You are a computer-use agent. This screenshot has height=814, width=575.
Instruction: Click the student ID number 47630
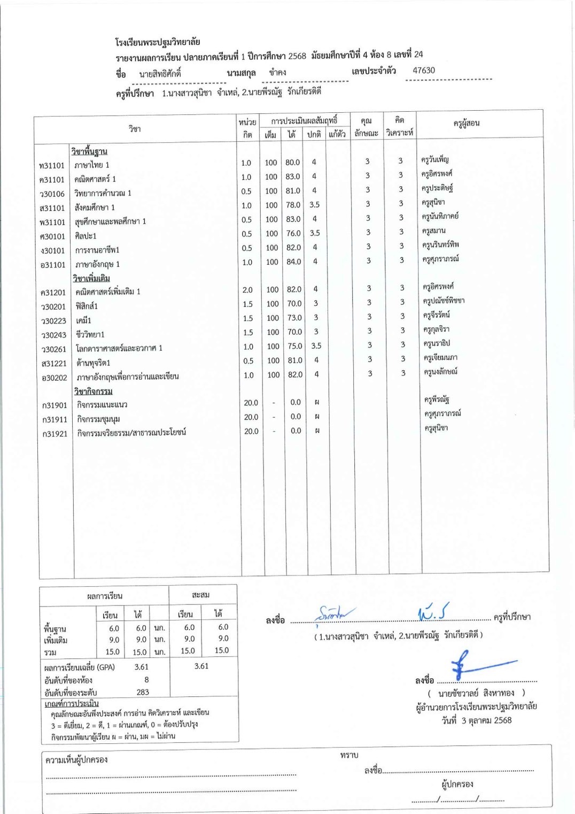(423, 71)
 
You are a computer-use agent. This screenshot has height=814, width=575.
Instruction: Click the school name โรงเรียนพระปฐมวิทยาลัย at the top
(157, 42)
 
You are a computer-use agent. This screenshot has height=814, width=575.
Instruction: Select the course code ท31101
(51, 166)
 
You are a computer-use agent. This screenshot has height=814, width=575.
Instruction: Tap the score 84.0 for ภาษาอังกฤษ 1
(293, 262)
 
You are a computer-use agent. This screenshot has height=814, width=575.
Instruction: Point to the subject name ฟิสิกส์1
(87, 306)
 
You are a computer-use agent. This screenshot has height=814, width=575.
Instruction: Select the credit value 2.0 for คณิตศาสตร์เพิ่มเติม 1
(247, 290)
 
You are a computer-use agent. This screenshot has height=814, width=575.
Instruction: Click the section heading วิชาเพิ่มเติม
(91, 278)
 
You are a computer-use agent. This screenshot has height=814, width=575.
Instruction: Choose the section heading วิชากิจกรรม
(93, 391)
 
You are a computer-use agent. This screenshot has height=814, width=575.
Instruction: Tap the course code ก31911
(55, 420)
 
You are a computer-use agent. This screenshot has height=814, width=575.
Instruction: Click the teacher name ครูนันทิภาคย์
(440, 217)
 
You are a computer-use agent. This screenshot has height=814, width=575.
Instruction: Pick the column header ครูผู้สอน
(466, 124)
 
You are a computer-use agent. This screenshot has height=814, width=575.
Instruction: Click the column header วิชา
(134, 129)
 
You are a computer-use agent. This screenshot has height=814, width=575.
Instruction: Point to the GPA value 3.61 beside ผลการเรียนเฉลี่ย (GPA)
(142, 667)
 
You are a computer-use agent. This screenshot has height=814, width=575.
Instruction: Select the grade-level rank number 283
(143, 692)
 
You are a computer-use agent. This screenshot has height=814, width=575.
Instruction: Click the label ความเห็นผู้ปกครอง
(76, 759)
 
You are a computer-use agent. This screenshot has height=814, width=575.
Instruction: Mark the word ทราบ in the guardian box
(349, 755)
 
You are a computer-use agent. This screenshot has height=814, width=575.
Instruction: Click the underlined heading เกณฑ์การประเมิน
(71, 703)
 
